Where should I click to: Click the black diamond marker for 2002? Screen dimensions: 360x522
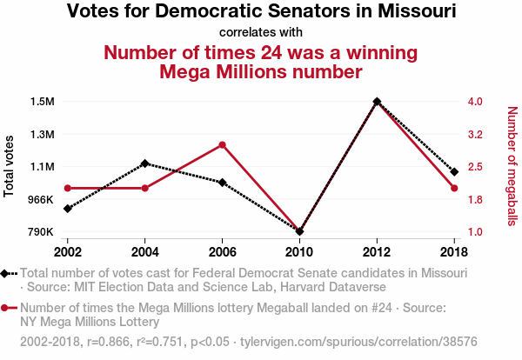coord(68,209)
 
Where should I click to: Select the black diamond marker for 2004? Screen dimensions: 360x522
coord(145,163)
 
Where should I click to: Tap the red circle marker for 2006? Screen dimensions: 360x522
coord(223,144)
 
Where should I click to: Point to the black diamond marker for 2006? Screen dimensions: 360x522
coord(223,183)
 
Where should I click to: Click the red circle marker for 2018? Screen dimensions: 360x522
coord(454,188)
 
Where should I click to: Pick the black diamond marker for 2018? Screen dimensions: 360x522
coord(454,171)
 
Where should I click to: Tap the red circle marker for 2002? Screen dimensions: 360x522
coord(68,188)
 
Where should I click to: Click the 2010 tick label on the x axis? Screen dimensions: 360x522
coord(300,251)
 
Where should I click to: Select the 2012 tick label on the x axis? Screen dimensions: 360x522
coord(377,251)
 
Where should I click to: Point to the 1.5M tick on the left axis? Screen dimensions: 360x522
coord(41,102)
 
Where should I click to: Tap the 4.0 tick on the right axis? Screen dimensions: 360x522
coord(475,102)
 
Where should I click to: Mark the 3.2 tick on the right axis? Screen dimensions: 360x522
coord(475,135)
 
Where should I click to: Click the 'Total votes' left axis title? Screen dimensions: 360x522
coord(10,166)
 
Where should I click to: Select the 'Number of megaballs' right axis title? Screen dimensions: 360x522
coord(512,166)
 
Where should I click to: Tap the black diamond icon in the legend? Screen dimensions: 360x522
coord(7,274)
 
